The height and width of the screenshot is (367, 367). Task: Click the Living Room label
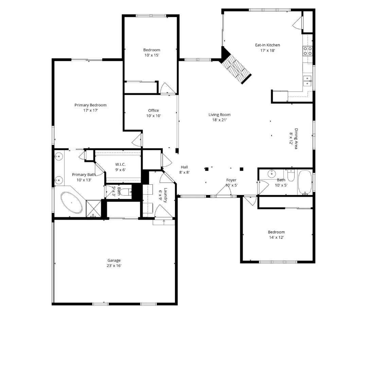click(220, 115)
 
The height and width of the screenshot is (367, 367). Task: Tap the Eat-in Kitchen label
click(267, 45)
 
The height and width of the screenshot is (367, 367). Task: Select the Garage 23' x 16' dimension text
click(114, 266)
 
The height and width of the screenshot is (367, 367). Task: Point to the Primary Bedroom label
click(90, 105)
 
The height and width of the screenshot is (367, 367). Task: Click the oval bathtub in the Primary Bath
click(72, 203)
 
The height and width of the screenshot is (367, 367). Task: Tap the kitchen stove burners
click(308, 51)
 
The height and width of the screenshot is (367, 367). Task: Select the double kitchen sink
click(307, 81)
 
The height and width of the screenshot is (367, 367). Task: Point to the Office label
click(153, 110)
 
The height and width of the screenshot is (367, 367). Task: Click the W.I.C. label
click(120, 164)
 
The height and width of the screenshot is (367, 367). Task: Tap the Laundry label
click(165, 195)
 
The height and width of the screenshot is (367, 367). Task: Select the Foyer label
click(231, 180)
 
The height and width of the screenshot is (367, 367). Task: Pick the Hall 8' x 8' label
click(184, 170)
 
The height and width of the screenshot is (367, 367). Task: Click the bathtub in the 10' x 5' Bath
click(305, 182)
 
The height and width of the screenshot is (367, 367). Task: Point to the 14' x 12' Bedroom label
click(276, 235)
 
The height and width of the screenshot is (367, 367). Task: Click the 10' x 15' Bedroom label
click(152, 52)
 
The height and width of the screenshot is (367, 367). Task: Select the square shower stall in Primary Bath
click(93, 208)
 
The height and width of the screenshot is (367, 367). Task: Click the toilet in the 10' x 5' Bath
click(291, 176)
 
